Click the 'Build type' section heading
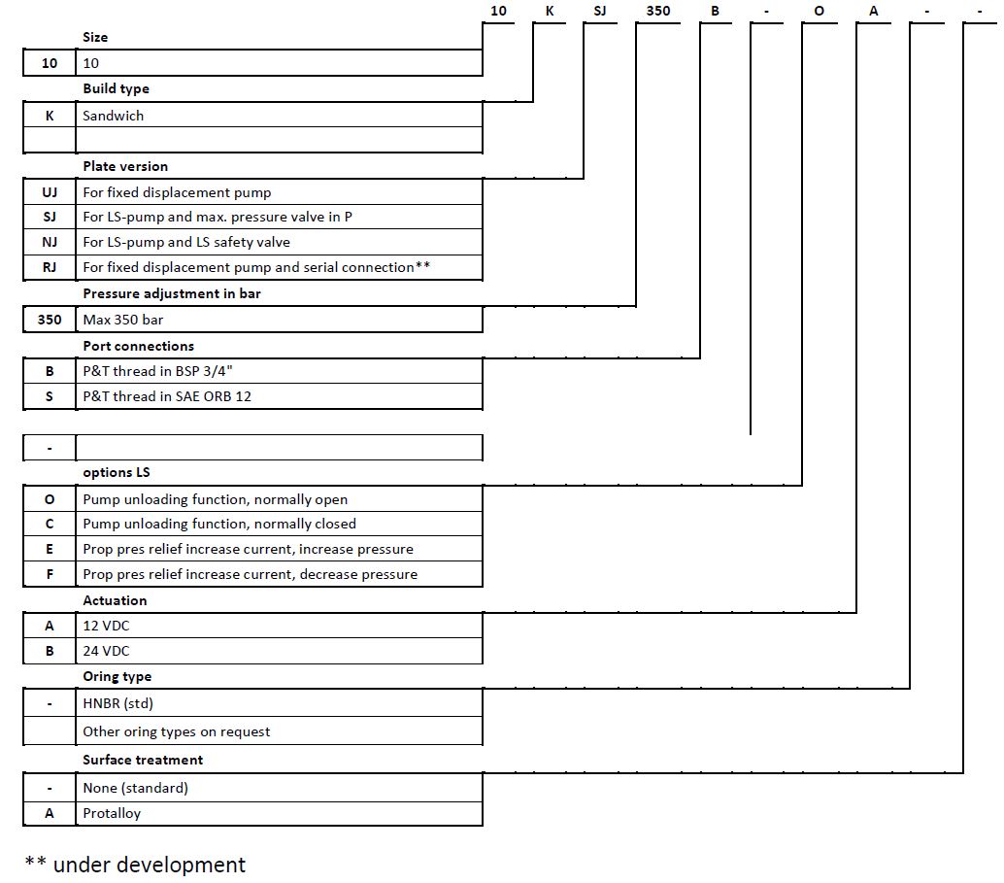click(116, 88)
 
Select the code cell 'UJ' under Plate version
click(50, 192)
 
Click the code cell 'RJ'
click(50, 267)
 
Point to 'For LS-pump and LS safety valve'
click(186, 242)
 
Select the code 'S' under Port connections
click(50, 396)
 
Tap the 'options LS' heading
click(117, 472)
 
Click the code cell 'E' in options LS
click(50, 549)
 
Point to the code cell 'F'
click(50, 574)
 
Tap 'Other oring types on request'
click(177, 731)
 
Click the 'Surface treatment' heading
click(143, 760)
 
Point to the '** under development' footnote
click(135, 865)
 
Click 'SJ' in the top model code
click(600, 11)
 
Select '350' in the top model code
click(658, 11)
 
